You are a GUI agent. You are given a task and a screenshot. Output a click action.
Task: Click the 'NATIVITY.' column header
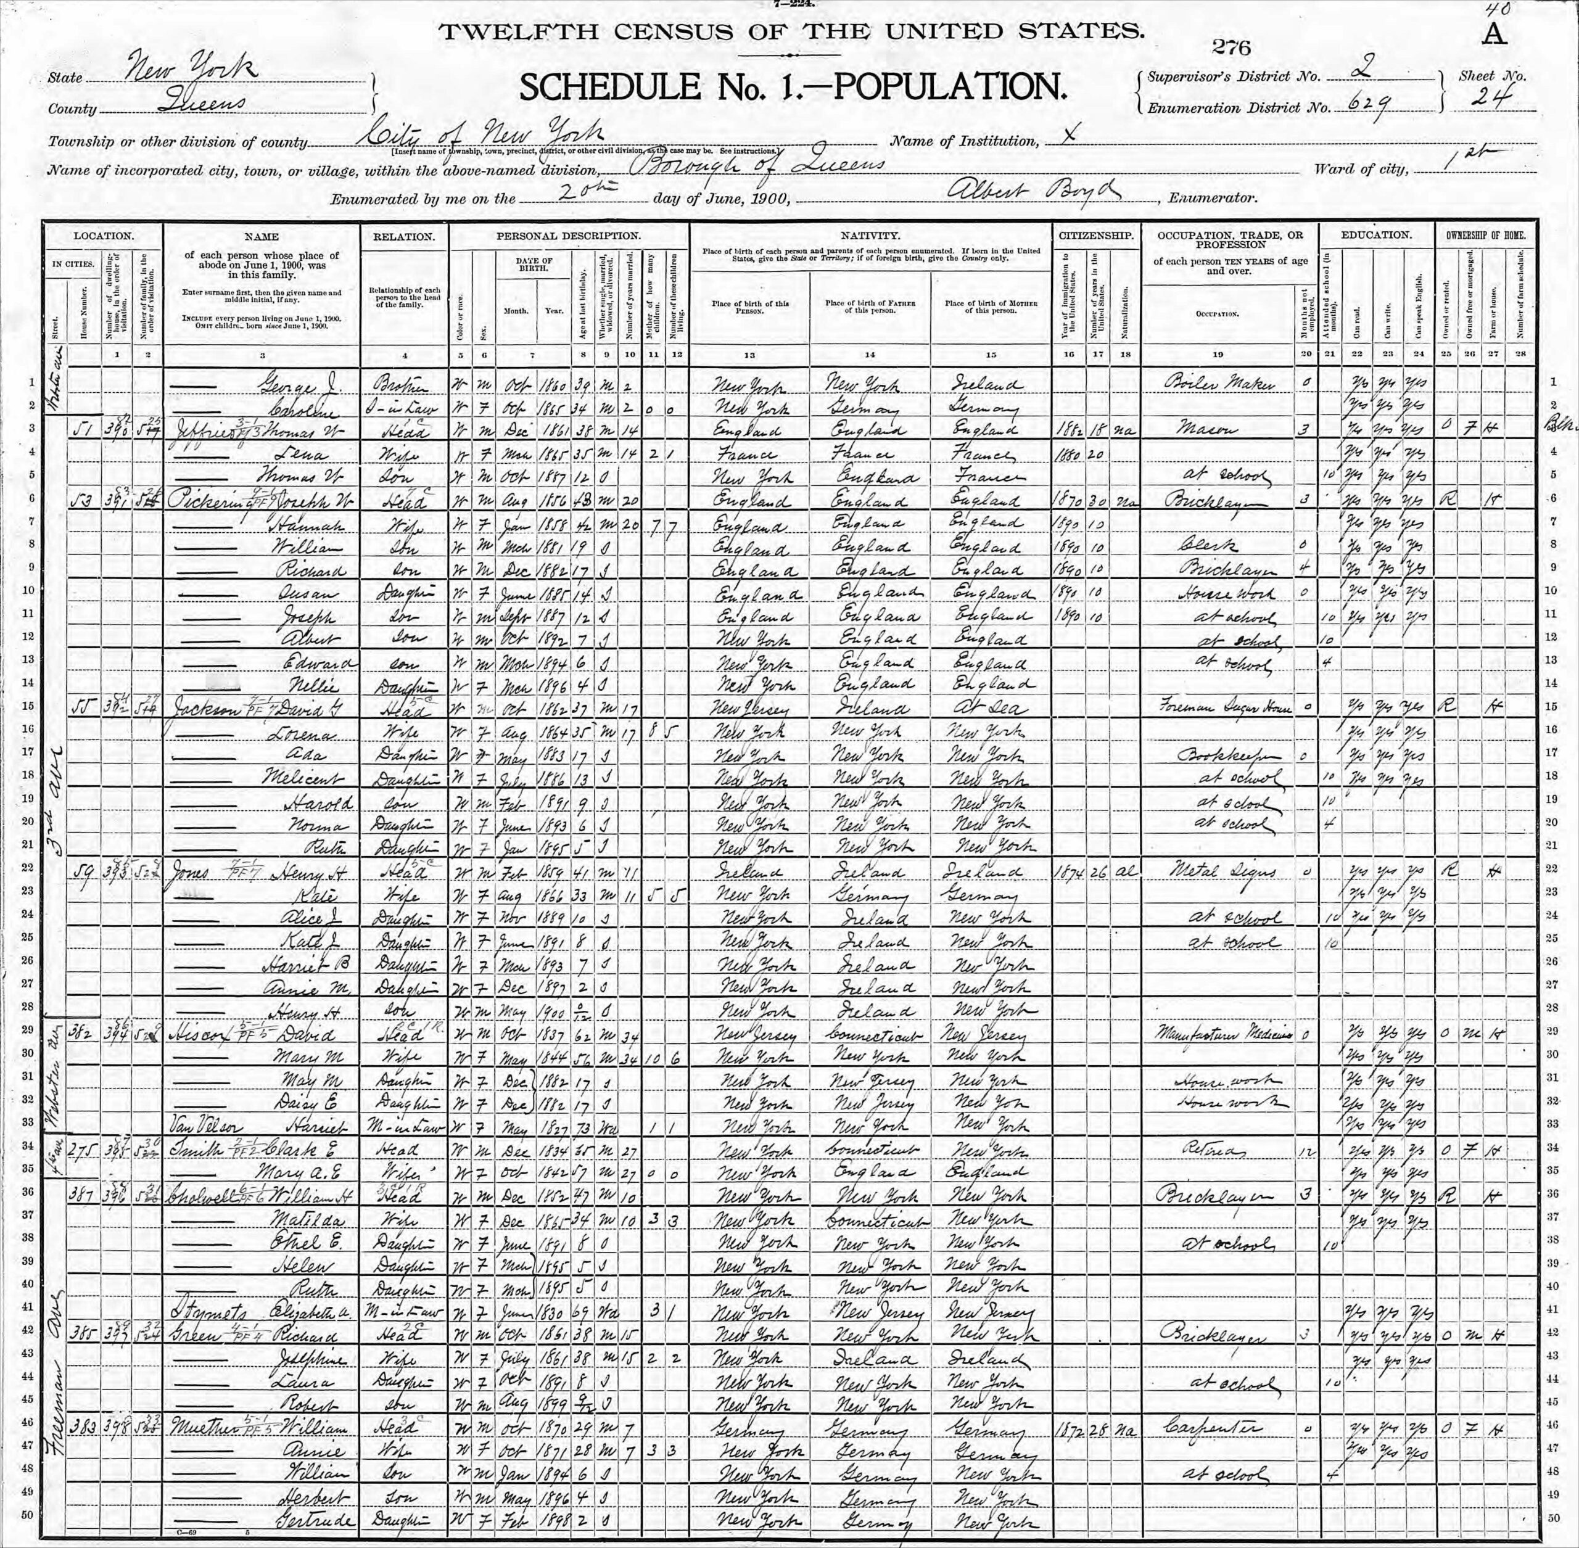click(870, 236)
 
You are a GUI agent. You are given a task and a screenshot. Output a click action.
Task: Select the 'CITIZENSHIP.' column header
click(1096, 236)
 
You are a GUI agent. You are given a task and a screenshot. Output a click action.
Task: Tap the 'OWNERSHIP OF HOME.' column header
click(1485, 236)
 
